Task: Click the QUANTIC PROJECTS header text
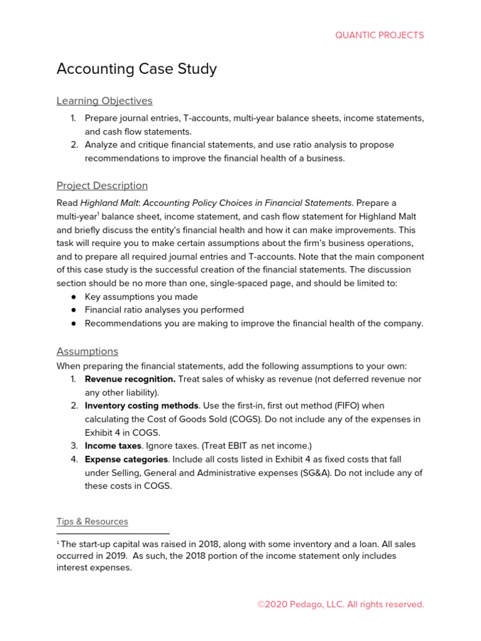pyautogui.click(x=380, y=35)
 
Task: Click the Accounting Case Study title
pyautogui.click(x=137, y=69)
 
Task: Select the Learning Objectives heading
pyautogui.click(x=104, y=101)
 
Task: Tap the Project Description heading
pyautogui.click(x=102, y=185)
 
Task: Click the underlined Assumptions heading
pyautogui.click(x=87, y=351)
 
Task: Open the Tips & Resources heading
pyautogui.click(x=92, y=521)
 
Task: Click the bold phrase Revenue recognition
pyautogui.click(x=130, y=379)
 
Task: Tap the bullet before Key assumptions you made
pyautogui.click(x=73, y=297)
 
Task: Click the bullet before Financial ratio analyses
pyautogui.click(x=73, y=310)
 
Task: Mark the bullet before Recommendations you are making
pyautogui.click(x=73, y=324)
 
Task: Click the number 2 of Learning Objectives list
pyautogui.click(x=73, y=145)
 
